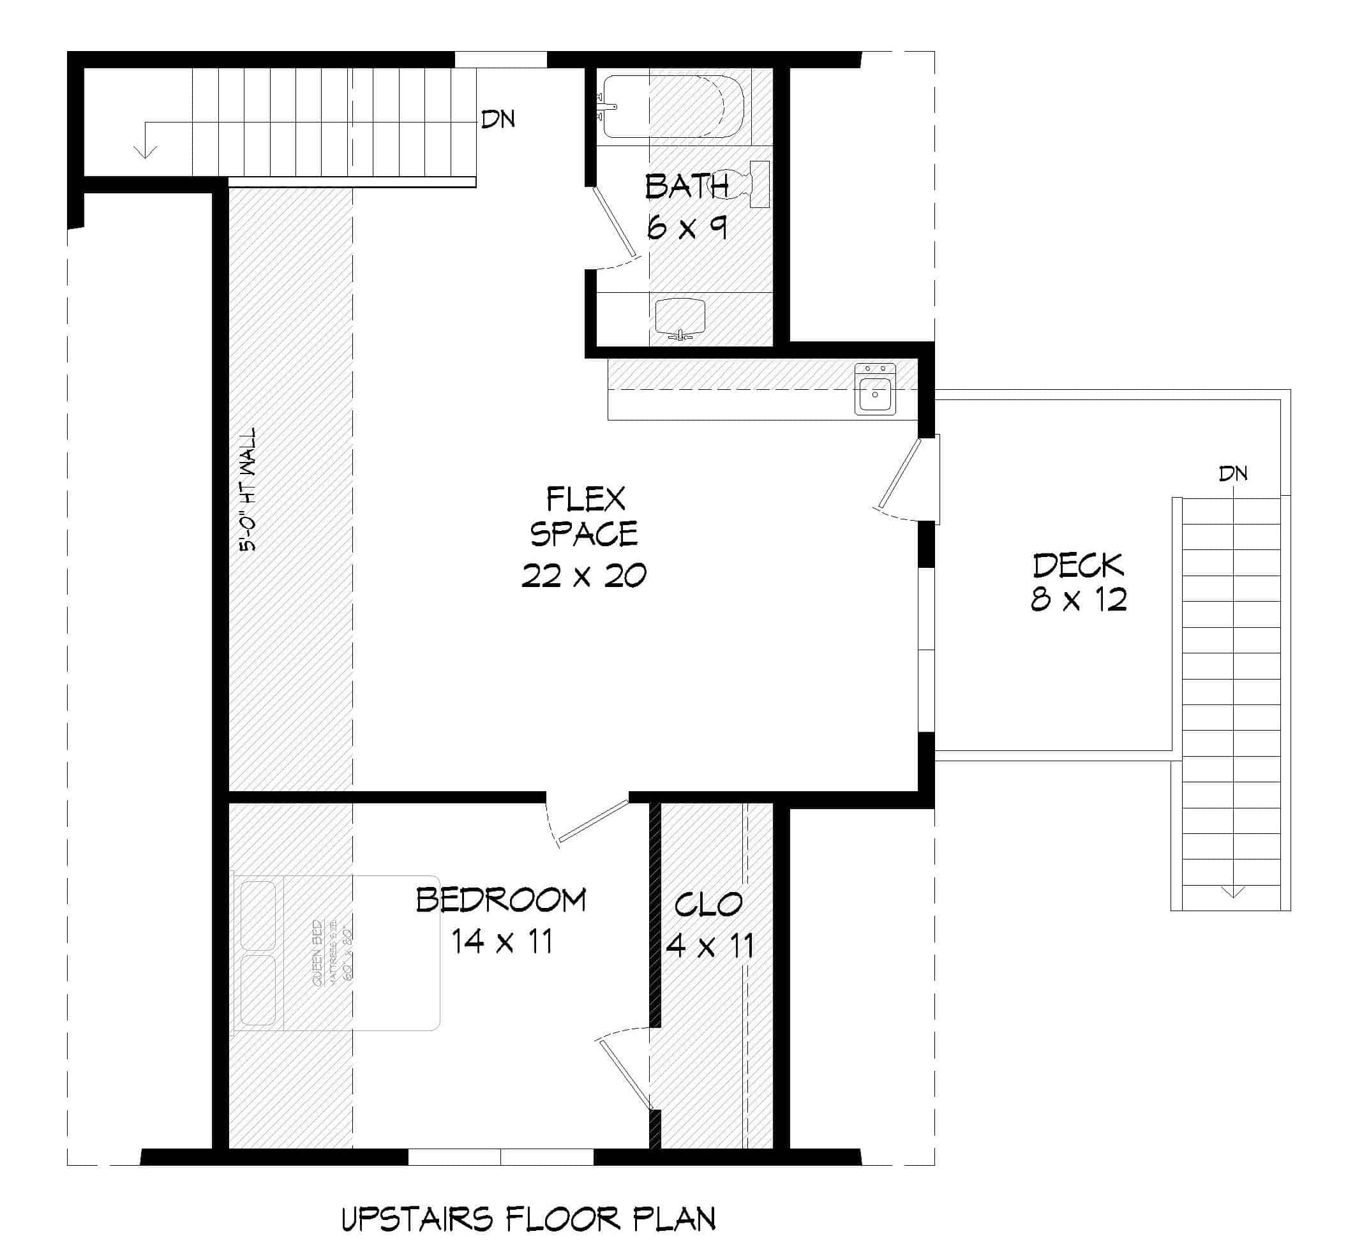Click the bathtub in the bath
[x=673, y=106]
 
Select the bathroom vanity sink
[x=680, y=318]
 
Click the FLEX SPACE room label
[x=584, y=517]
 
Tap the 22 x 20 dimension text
[x=584, y=576]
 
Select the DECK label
[x=1077, y=565]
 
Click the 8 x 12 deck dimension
[x=1078, y=600]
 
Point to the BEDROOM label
[x=500, y=900]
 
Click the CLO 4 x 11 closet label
[x=709, y=925]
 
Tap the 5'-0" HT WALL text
[x=248, y=489]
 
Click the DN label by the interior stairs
[x=498, y=120]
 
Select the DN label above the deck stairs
[x=1232, y=473]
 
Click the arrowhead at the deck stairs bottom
[x=1232, y=892]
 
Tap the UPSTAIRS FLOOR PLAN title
[x=528, y=1219]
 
